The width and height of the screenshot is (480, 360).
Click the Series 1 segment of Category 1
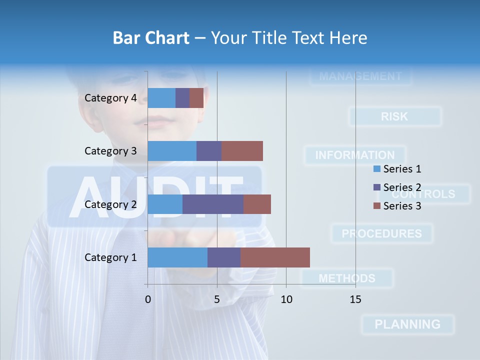tap(177, 257)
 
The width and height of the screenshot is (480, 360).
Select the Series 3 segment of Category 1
tap(275, 257)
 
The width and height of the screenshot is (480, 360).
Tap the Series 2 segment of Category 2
tap(213, 204)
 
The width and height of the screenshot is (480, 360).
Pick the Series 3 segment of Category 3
tap(242, 151)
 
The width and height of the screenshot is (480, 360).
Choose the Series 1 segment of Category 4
tap(161, 98)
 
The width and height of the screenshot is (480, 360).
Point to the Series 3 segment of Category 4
tap(196, 98)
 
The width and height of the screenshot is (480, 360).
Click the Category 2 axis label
tap(110, 204)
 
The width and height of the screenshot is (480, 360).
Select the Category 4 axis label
tap(110, 98)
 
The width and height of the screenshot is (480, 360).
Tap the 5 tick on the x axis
tap(217, 299)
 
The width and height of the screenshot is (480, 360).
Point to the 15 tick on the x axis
tap(355, 299)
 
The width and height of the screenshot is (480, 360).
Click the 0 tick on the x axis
tap(147, 299)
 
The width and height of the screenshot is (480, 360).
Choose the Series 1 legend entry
tap(397, 169)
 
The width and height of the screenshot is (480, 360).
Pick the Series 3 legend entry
tap(397, 205)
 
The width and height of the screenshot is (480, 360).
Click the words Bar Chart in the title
tap(151, 37)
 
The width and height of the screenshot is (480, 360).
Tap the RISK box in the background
tap(395, 116)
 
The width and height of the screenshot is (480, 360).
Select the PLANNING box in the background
tap(407, 324)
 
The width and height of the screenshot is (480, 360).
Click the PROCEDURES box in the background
tap(381, 233)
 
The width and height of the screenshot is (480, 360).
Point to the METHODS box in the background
tap(347, 278)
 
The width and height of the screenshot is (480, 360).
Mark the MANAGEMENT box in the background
tap(360, 76)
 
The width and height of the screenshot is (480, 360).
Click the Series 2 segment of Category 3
tap(209, 151)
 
